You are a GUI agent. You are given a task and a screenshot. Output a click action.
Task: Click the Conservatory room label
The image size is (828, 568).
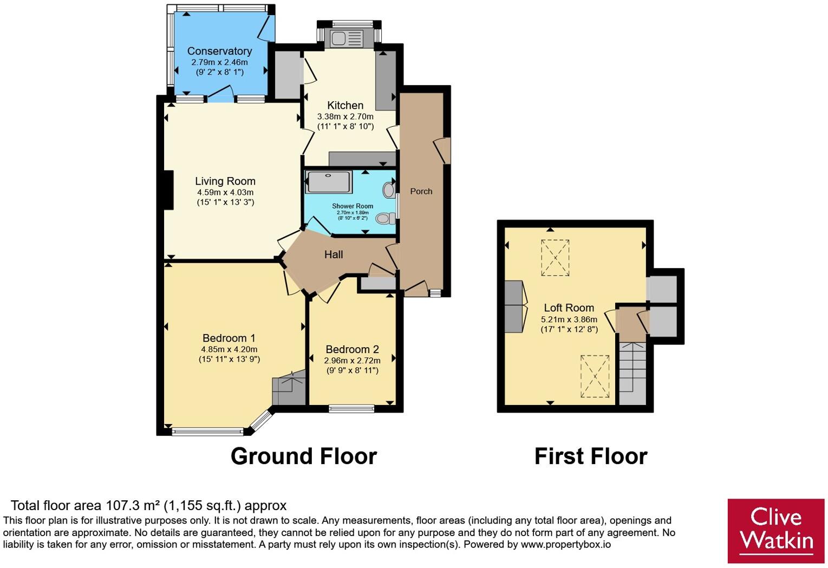click(219, 51)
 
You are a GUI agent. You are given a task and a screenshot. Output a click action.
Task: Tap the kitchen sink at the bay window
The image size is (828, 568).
click(347, 38)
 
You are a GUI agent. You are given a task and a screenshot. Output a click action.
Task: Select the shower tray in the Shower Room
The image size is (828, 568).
click(329, 181)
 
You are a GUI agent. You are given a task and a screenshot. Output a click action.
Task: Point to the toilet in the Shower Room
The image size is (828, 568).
click(386, 218)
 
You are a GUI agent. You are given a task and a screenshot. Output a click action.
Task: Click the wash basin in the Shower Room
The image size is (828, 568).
click(389, 190)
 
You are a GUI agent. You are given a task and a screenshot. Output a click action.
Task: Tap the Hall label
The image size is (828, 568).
click(334, 254)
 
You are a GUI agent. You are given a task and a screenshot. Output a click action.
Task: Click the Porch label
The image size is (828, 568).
click(421, 191)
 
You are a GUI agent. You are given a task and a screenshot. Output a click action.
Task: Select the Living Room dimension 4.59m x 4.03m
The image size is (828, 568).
click(225, 192)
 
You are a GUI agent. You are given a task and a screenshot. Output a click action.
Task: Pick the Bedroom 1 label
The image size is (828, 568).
click(229, 338)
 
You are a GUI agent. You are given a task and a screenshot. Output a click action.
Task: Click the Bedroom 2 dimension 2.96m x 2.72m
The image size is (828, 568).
click(353, 360)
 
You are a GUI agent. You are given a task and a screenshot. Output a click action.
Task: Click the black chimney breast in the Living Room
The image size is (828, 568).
click(168, 190)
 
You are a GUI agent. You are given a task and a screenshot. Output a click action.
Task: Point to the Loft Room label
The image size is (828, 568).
click(569, 308)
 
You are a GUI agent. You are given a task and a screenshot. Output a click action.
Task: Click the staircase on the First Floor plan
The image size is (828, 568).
click(633, 373)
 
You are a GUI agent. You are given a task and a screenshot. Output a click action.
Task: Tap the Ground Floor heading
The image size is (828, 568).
click(304, 456)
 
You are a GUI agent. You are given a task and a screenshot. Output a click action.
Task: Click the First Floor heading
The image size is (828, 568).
click(591, 456)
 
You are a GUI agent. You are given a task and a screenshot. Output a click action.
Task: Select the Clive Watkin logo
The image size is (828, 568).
click(776, 531)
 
